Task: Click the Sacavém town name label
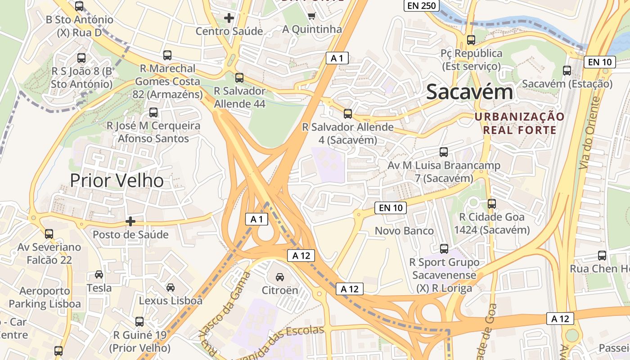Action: (469, 92)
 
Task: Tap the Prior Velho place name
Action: (117, 180)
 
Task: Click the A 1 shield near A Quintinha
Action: (337, 58)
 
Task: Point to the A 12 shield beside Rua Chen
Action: (560, 319)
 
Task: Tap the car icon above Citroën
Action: (280, 277)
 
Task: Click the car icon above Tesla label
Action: (99, 274)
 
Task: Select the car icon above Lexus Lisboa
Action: (171, 287)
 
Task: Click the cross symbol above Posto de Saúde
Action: (130, 221)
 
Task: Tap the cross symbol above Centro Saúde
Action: (229, 18)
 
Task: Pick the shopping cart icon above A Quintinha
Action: (311, 16)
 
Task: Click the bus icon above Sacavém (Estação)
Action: (567, 71)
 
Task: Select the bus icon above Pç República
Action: (471, 40)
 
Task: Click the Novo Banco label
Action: (404, 231)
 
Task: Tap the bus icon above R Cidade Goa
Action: (492, 204)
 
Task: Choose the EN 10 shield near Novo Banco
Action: (390, 207)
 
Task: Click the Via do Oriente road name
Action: (590, 133)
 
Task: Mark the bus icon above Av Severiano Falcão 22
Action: (49, 234)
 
